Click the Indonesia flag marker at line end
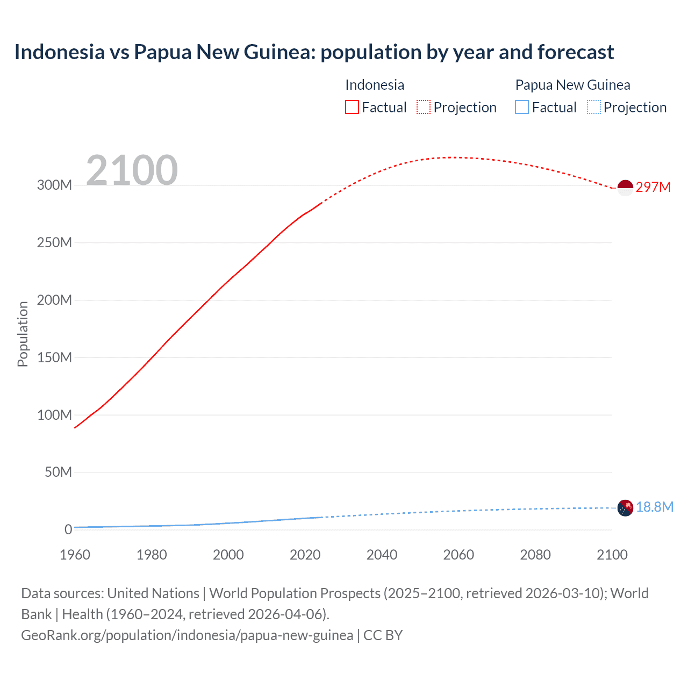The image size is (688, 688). tap(625, 188)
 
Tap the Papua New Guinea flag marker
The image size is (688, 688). tap(625, 508)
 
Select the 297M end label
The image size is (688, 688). tap(653, 187)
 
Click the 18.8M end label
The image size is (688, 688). tap(655, 507)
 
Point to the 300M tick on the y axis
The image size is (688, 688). tap(54, 185)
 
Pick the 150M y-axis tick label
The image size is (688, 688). tap(54, 357)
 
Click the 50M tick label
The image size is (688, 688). tap(58, 472)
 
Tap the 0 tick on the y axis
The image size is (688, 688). tap(68, 529)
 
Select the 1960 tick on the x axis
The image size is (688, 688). tap(75, 555)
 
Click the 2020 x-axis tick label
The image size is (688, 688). tap(305, 555)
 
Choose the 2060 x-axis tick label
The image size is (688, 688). tap(458, 555)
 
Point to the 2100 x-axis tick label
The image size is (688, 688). tap(612, 555)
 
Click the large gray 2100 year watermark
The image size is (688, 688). tap(132, 170)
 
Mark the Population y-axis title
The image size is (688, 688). tap(23, 334)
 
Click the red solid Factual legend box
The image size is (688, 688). tap(352, 107)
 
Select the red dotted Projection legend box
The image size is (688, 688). tap(424, 107)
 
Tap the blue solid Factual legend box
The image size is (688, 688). tap(521, 107)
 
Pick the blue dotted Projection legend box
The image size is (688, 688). tap(593, 107)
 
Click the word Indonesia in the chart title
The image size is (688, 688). tap(60, 52)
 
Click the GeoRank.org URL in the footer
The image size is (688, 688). tap(187, 635)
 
